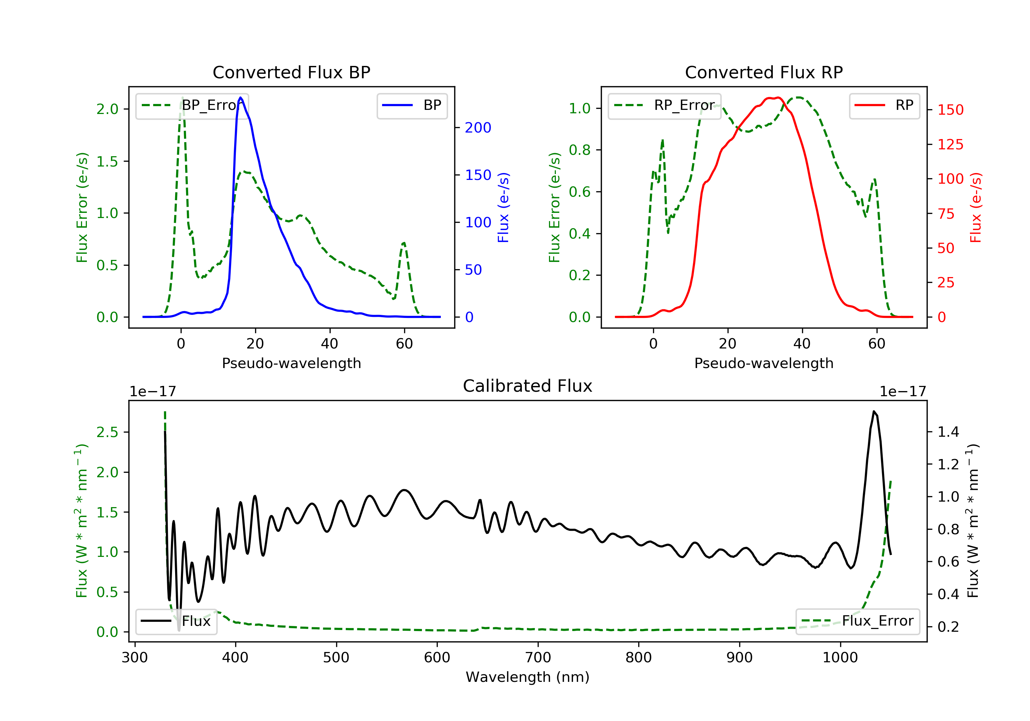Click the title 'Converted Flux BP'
tap(291, 72)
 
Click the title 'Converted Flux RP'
tap(764, 72)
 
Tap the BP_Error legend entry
tap(192, 105)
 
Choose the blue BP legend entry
tap(412, 105)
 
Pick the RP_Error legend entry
tap(664, 105)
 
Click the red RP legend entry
tap(884, 105)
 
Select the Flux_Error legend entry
tap(857, 621)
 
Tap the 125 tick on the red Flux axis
tap(950, 145)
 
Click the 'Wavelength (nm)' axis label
tap(528, 677)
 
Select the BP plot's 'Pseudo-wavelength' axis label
tap(291, 363)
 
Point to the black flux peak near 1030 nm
tap(874, 411)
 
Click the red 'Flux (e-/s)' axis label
tap(975, 208)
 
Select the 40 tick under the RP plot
tap(802, 344)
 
